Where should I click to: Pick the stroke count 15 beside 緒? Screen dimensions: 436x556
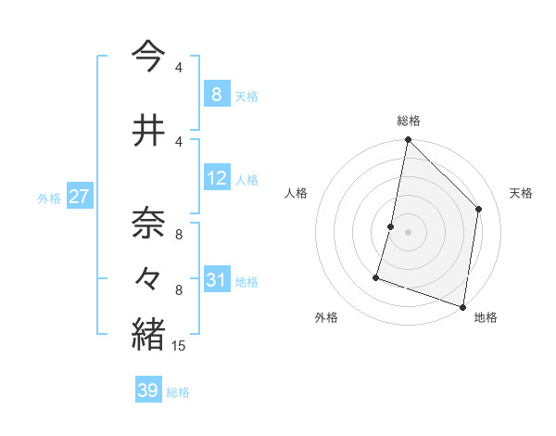[179, 346]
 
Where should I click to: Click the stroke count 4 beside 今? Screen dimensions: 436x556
[178, 68]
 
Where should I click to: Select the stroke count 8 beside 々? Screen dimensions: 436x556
[179, 290]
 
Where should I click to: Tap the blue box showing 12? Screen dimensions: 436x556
[217, 179]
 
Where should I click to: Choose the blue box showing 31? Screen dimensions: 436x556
[217, 281]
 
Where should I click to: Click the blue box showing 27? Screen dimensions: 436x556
[79, 197]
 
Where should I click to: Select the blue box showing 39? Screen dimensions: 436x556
[147, 391]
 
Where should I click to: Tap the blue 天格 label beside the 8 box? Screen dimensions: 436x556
[246, 96]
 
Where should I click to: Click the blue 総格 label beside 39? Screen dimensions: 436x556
[178, 392]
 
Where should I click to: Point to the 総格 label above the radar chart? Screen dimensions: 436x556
[408, 121]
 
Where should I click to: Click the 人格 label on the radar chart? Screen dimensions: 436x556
[296, 193]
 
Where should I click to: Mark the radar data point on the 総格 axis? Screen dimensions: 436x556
[408, 140]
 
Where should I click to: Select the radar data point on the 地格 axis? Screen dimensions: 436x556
[462, 306]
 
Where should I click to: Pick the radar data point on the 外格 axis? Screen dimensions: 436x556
[376, 276]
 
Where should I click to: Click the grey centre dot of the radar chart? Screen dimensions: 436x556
[408, 232]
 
